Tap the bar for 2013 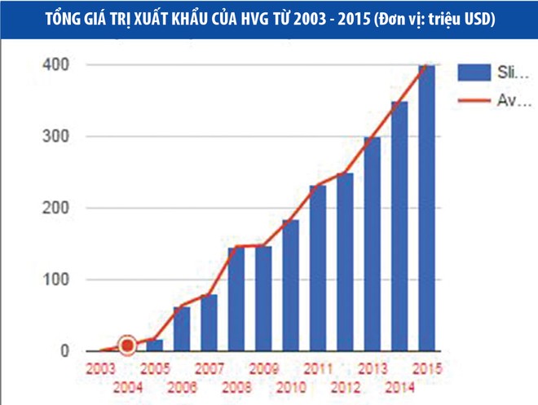(x=373, y=244)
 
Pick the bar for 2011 (x=318, y=269)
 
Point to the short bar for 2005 (x=155, y=346)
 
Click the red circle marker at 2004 (x=127, y=346)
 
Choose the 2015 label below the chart (x=426, y=368)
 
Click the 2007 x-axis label (x=209, y=368)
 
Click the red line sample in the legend (x=471, y=100)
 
